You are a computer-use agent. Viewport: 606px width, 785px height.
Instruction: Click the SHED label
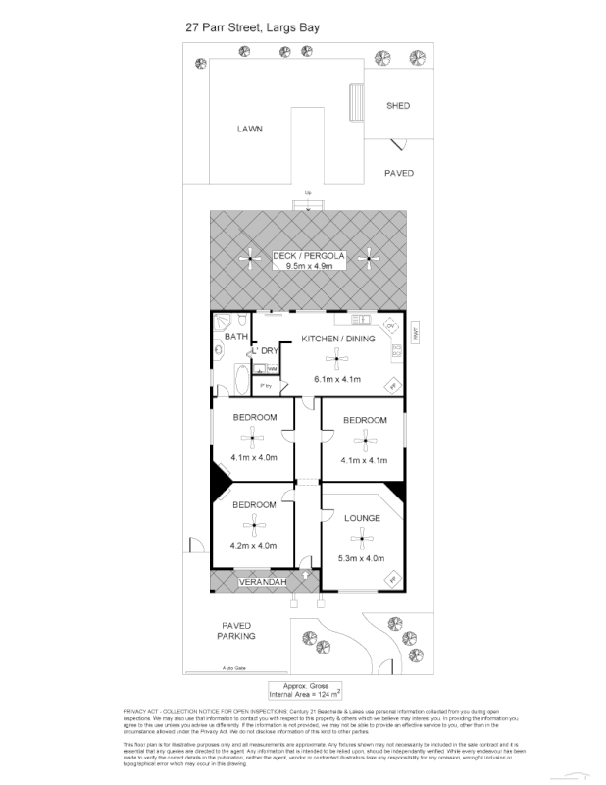(x=397, y=106)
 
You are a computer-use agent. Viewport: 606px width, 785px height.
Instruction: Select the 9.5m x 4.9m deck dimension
(x=310, y=266)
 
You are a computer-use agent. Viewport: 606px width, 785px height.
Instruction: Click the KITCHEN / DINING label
(x=336, y=339)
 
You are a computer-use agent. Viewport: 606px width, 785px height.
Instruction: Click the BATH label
(x=236, y=337)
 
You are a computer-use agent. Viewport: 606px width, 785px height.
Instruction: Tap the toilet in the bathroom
(x=224, y=325)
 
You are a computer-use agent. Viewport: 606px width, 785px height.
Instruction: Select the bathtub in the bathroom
(x=240, y=377)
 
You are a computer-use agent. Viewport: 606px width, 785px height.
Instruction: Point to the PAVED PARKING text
(x=236, y=630)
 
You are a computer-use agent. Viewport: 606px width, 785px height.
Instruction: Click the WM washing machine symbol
(x=271, y=368)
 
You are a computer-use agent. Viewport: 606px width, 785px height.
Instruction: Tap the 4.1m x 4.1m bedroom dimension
(x=364, y=460)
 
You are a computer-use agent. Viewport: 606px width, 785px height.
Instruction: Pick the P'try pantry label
(x=265, y=385)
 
